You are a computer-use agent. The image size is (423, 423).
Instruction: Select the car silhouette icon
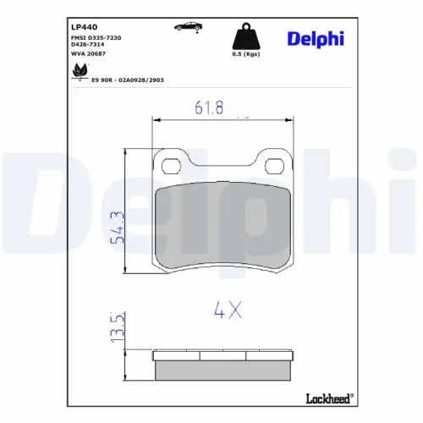tap(187, 27)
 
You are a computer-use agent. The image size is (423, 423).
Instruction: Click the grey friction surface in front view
tap(223, 226)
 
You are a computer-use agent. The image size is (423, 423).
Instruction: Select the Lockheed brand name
tap(325, 398)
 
